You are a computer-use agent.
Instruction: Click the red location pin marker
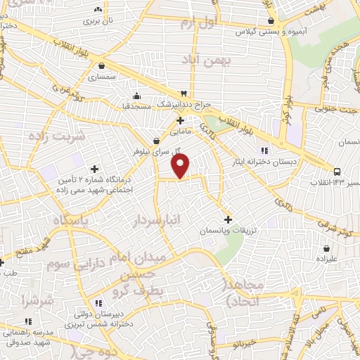tap(181, 166)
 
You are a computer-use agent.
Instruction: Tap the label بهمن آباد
tap(209, 61)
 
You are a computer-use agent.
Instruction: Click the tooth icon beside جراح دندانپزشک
tap(183, 94)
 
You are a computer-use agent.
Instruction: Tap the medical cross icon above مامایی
tap(181, 121)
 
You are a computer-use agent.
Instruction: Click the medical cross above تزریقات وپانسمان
tap(226, 219)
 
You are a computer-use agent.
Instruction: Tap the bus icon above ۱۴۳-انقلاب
tap(337, 171)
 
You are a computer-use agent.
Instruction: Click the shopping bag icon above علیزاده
tap(327, 248)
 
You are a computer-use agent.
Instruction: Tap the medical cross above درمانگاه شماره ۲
tap(94, 168)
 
